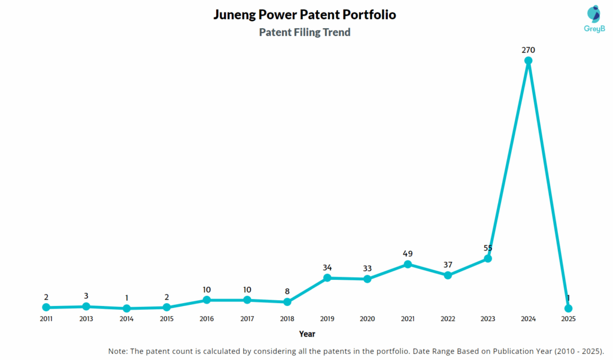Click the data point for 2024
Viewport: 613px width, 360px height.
tap(528, 60)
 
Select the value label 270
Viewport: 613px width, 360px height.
tap(528, 50)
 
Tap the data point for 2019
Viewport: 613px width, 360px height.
tap(327, 278)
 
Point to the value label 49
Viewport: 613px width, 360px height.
tap(408, 253)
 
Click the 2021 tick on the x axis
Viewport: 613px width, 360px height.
tap(408, 319)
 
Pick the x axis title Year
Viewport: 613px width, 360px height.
tap(307, 334)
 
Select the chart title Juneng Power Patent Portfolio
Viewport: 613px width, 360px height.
tap(305, 14)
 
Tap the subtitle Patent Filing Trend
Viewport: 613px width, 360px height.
tap(305, 32)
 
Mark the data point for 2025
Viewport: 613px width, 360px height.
tap(568, 308)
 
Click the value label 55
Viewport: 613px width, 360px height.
tap(488, 248)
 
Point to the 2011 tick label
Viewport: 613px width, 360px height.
tap(46, 319)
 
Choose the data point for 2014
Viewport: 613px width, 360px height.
tap(126, 308)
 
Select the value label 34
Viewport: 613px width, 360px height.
tap(327, 267)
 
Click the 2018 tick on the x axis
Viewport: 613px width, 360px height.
tap(287, 319)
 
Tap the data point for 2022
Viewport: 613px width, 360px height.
tap(448, 275)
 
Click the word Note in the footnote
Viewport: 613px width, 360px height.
tap(119, 350)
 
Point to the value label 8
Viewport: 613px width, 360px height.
tap(287, 291)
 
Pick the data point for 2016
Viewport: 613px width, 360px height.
tap(207, 300)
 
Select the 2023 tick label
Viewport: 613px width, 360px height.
tap(488, 319)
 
